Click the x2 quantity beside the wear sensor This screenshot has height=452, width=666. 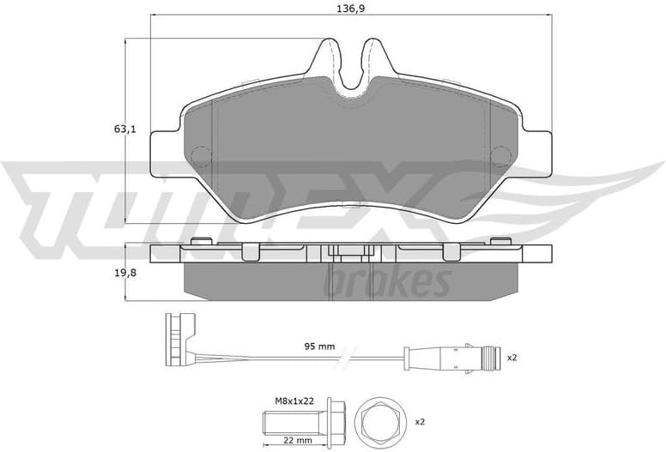click(512, 357)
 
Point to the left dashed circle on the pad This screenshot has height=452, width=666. click(200, 156)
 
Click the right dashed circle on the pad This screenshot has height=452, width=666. click(500, 155)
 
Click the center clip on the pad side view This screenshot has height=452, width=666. click(349, 253)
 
